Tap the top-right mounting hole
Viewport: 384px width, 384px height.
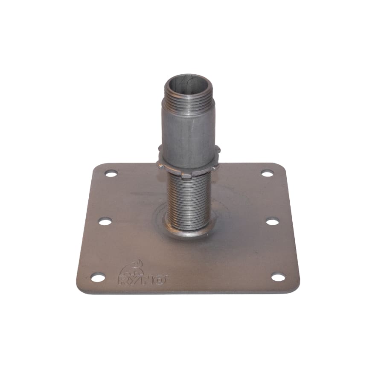[x=267, y=174]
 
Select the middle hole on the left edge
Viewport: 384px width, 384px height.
[x=105, y=222]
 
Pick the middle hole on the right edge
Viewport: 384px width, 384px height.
[x=272, y=222]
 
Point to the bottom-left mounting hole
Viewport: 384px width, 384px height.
[x=98, y=277]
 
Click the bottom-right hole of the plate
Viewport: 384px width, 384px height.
[x=278, y=278]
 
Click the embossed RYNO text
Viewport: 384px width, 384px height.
[x=142, y=279]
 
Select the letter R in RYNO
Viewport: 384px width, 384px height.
[x=124, y=280]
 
